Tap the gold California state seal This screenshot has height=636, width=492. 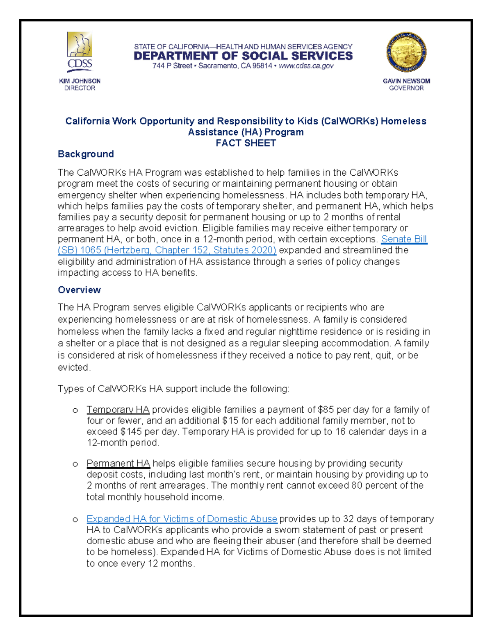tap(406, 52)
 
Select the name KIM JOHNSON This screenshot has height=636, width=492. tap(80, 81)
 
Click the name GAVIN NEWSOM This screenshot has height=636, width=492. tap(406, 81)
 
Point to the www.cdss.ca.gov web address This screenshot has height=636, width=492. tap(306, 66)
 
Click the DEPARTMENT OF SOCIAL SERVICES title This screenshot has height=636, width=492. tap(243, 56)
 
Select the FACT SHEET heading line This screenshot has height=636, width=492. tap(246, 143)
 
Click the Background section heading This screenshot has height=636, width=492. tap(86, 154)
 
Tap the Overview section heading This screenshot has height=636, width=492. tap(79, 290)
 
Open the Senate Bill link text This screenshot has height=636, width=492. tap(404, 239)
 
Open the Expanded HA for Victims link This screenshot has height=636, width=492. tap(182, 519)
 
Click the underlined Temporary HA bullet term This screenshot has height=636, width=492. tap(118, 410)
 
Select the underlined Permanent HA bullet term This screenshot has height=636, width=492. tap(118, 464)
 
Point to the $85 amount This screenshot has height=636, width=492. tap(326, 410)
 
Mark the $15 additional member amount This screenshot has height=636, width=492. tap(230, 421)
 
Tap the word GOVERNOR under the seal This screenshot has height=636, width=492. tap(406, 88)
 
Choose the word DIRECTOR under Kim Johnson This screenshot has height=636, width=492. tap(80, 88)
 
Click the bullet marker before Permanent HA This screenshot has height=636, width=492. tap(75, 464)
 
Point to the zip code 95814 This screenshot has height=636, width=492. tap(261, 66)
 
